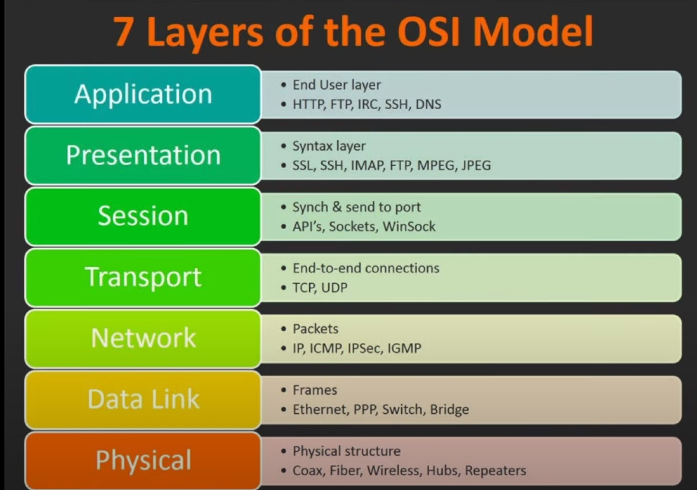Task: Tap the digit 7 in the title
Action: (124, 32)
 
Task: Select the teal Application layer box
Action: (143, 95)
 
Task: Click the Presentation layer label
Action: (143, 155)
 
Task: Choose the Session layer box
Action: (143, 216)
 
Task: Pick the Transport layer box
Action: (143, 277)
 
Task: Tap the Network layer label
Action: (143, 338)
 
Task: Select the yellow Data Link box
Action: (143, 400)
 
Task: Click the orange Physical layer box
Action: (143, 461)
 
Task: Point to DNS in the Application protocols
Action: (428, 104)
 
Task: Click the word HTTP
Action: (309, 104)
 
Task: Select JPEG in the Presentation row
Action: (476, 166)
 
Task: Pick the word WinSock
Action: (409, 227)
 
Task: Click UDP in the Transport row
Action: (334, 288)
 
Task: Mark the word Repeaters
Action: (495, 470)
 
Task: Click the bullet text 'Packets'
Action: (315, 329)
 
